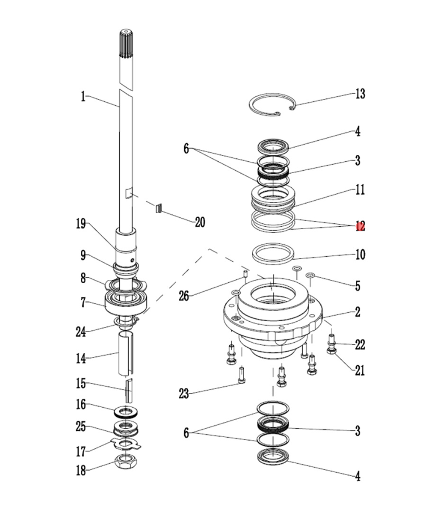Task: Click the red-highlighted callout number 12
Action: (x=360, y=227)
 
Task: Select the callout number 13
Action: (x=359, y=94)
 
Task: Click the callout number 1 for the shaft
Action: (x=83, y=97)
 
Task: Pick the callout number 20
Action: (x=199, y=222)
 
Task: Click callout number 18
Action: (x=81, y=471)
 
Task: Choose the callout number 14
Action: (x=81, y=358)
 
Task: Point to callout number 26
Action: (x=184, y=295)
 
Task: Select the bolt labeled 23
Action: (x=241, y=374)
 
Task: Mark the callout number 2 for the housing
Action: (x=358, y=312)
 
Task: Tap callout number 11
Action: (x=359, y=189)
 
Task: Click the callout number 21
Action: (x=359, y=370)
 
